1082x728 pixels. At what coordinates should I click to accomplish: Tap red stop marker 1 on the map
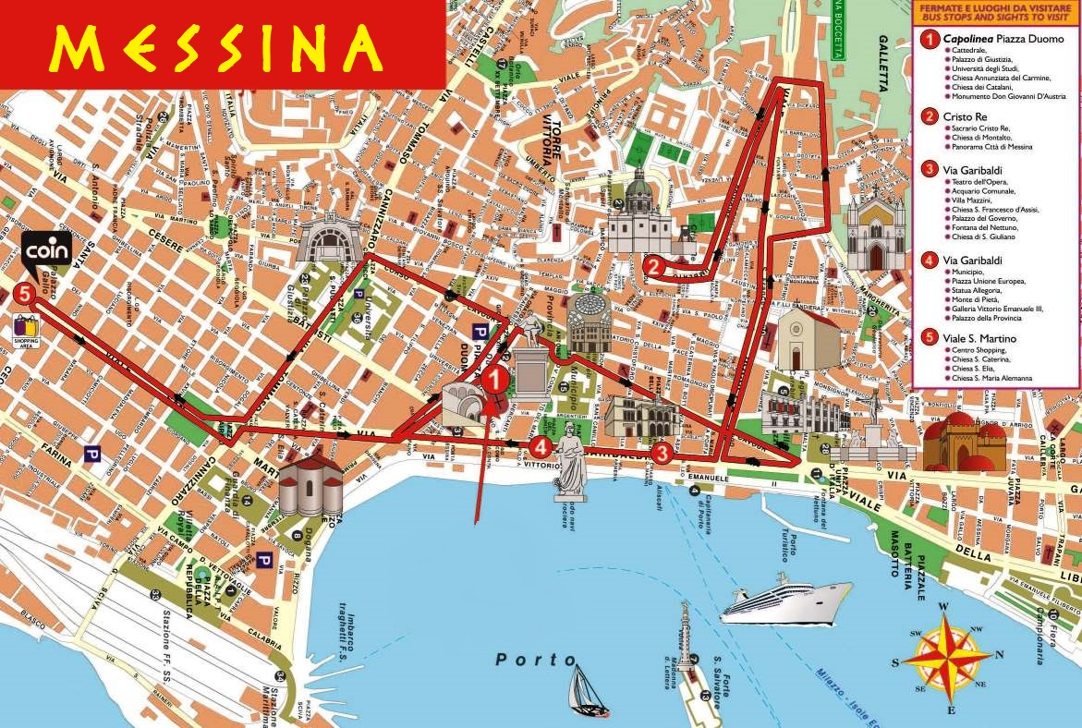pos(496,379)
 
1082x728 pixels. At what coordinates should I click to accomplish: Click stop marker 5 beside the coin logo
pos(25,294)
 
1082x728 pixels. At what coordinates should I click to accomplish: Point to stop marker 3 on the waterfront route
pos(662,453)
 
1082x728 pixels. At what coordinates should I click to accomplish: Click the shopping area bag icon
pos(26,328)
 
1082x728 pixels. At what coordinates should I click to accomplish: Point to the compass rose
pos(948,657)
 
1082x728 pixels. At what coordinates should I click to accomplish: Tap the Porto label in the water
pos(536,660)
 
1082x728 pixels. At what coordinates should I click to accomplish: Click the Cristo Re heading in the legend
pos(965,117)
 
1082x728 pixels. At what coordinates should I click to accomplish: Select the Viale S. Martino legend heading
pos(979,338)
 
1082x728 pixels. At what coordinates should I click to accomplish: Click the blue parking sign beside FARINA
pos(91,454)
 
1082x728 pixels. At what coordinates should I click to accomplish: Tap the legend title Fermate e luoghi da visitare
pos(994,10)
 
